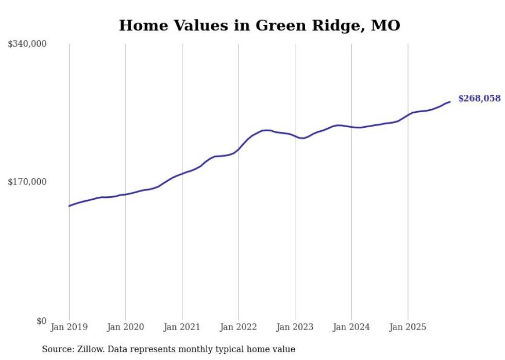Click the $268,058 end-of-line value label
click(479, 98)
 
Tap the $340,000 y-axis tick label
click(27, 44)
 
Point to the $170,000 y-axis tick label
click(27, 182)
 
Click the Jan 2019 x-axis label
click(69, 327)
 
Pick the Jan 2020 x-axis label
click(125, 327)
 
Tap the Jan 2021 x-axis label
click(182, 327)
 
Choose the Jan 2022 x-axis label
click(238, 327)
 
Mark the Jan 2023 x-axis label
click(295, 327)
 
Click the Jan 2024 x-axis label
click(351, 327)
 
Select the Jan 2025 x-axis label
click(408, 327)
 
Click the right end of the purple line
click(450, 101)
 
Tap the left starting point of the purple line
click(69, 206)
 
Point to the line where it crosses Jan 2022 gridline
click(238, 149)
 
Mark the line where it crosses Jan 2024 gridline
click(351, 127)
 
